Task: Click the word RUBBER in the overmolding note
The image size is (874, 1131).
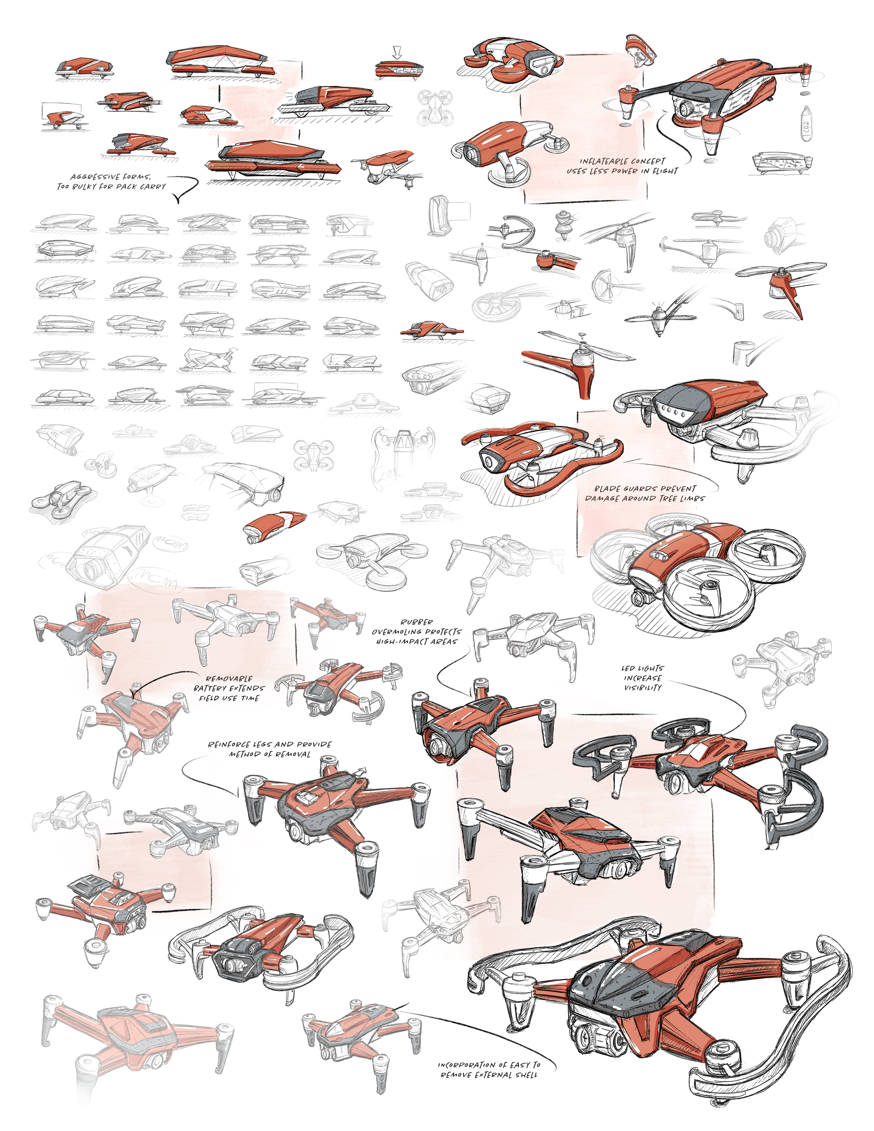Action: pos(416,622)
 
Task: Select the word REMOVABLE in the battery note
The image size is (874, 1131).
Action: pos(229,678)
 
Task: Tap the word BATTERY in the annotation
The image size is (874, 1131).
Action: pos(209,688)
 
